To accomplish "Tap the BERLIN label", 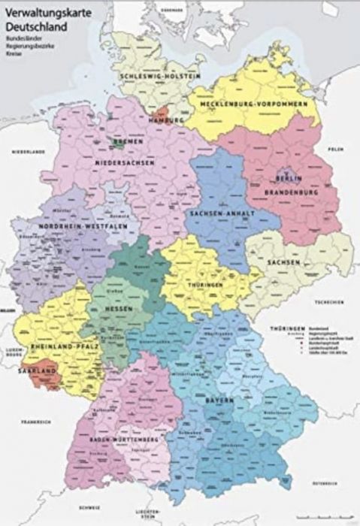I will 289,179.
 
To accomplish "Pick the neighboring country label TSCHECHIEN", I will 328,302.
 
